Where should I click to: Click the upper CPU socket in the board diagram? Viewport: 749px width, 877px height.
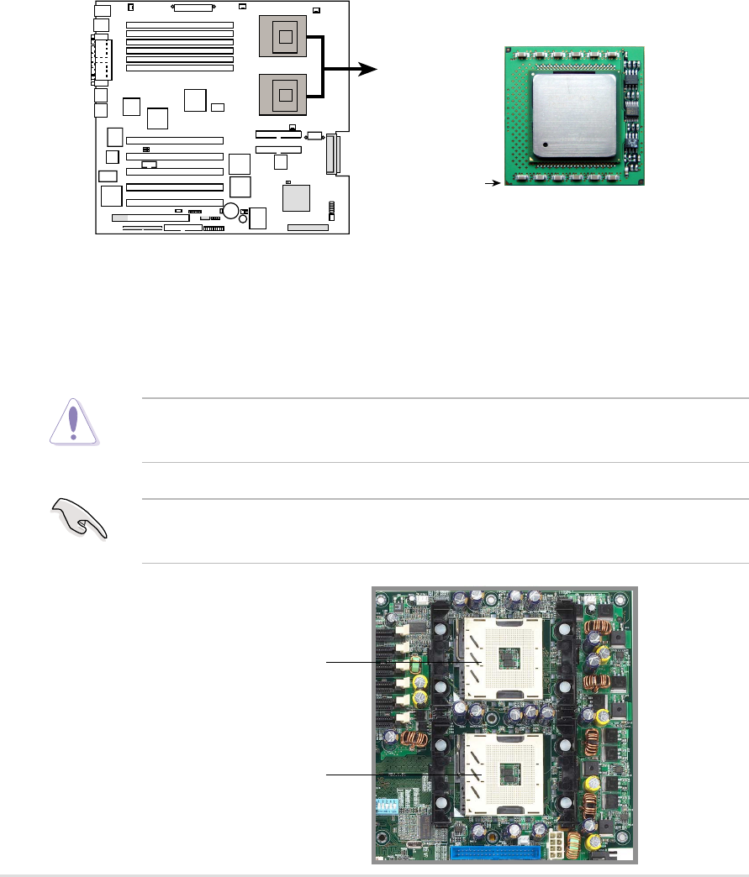coord(287,37)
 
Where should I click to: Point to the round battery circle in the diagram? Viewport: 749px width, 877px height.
coord(230,210)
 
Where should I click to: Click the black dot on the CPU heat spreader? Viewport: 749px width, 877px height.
coord(546,144)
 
